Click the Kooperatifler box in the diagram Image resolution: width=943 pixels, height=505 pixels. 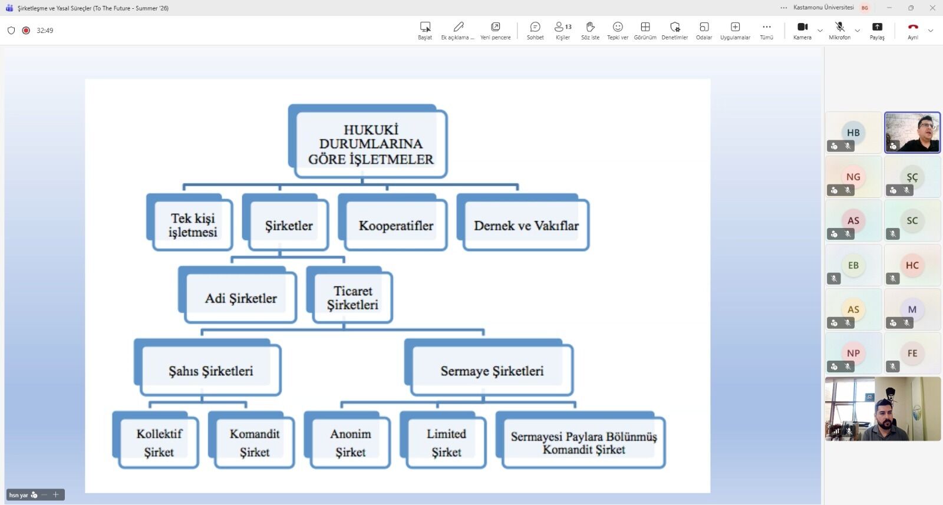(393, 222)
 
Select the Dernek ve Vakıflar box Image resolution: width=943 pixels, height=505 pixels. (523, 222)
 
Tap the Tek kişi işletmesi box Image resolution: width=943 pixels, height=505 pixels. (190, 222)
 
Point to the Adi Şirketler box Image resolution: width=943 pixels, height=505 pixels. (238, 295)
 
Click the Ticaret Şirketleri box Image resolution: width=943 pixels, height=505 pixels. (350, 295)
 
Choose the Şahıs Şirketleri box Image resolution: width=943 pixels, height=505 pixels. (208, 367)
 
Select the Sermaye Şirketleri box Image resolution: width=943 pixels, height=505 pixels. (489, 367)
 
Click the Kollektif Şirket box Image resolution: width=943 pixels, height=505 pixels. (156, 440)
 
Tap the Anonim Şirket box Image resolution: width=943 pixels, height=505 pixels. (347, 440)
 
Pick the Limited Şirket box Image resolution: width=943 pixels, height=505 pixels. (443, 440)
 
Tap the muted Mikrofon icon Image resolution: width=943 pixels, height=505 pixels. (840, 27)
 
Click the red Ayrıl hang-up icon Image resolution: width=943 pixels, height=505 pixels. (913, 27)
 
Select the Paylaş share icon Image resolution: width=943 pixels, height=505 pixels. (878, 27)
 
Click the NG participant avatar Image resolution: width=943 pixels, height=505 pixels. (853, 177)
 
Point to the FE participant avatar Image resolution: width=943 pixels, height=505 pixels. (912, 353)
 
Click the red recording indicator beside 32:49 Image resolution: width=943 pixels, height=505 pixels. (26, 30)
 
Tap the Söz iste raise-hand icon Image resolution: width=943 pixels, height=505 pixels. (590, 27)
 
